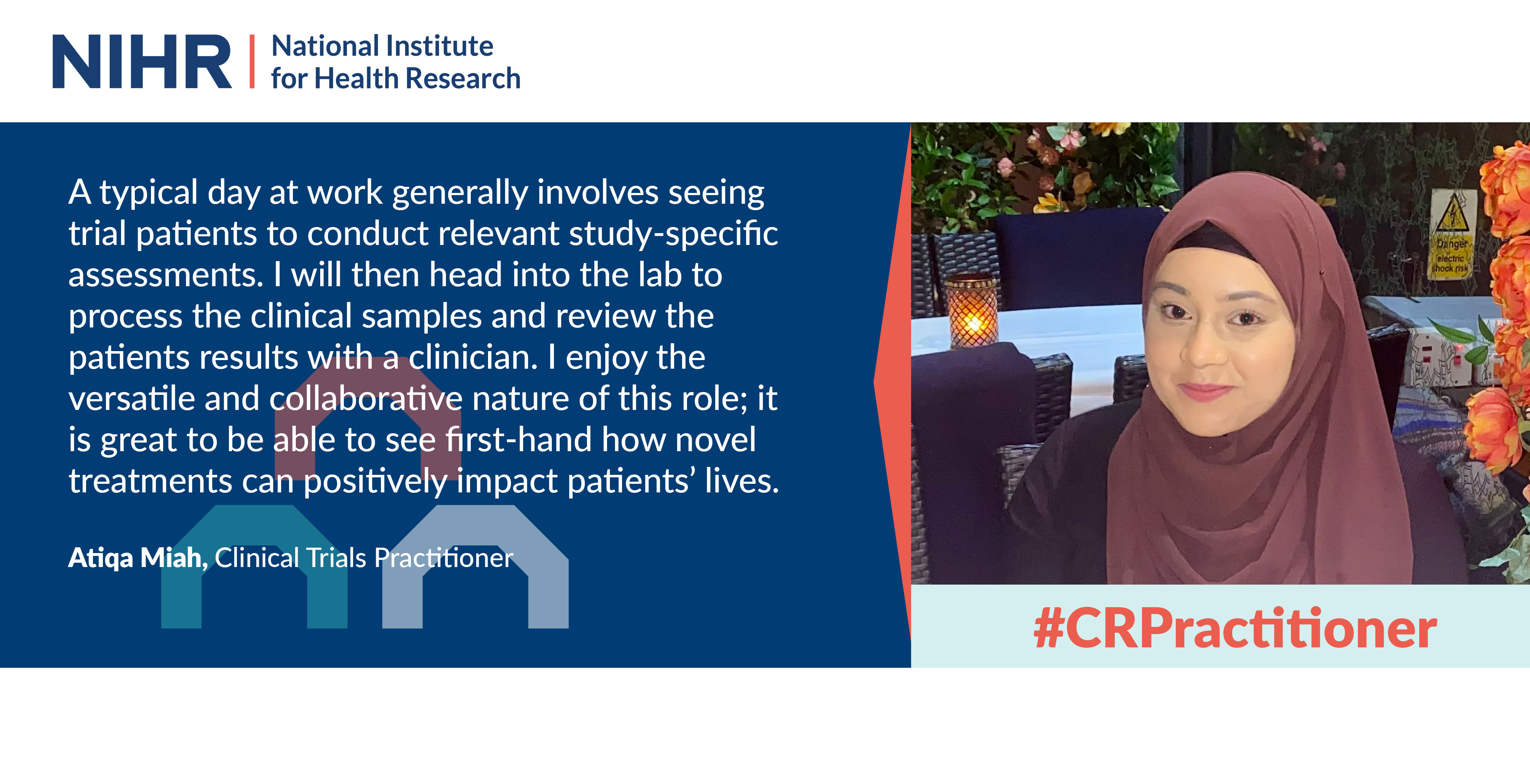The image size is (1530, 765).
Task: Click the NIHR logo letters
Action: pyautogui.click(x=142, y=61)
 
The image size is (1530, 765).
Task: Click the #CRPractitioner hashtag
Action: pyautogui.click(x=1235, y=628)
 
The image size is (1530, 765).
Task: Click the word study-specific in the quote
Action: pyautogui.click(x=673, y=234)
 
